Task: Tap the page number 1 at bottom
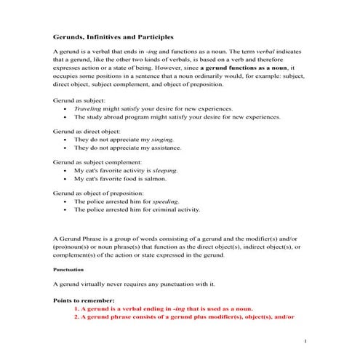point(307,341)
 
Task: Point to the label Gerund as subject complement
point(97,161)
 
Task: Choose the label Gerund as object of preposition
point(100,192)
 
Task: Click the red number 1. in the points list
point(76,309)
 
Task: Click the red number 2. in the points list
point(76,318)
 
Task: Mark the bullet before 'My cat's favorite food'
point(66,178)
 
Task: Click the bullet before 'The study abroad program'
point(66,116)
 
